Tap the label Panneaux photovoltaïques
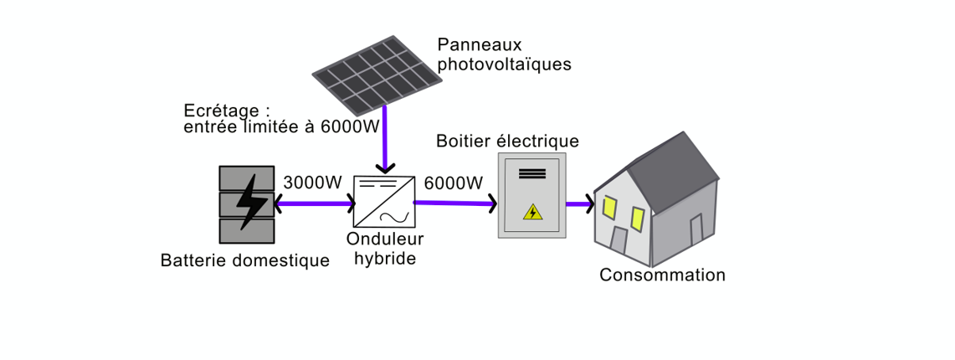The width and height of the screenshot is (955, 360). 505,54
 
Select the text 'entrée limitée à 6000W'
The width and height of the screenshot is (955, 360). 281,127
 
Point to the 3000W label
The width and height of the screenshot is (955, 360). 313,183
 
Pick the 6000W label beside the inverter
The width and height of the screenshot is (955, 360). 454,183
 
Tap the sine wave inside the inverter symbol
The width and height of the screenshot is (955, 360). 389,217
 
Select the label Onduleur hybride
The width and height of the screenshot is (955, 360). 385,248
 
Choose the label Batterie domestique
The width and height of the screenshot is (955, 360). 245,260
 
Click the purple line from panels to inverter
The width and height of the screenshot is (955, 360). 384,138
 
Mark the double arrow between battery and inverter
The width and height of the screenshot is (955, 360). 314,203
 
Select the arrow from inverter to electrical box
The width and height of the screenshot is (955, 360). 455,203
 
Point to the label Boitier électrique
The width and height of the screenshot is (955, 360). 507,141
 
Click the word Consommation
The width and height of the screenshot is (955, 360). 662,275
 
